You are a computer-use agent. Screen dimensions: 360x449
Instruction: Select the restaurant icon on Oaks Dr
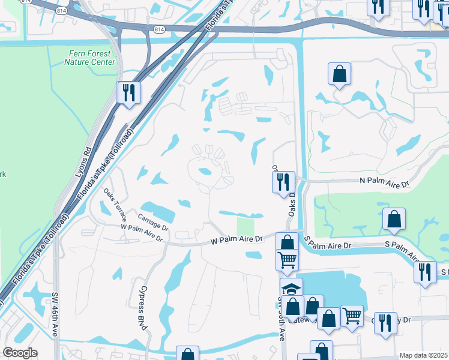[x=283, y=182]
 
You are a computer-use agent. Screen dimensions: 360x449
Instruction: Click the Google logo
[x=20, y=353]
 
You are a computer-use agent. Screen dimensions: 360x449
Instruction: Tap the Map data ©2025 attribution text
[x=423, y=355]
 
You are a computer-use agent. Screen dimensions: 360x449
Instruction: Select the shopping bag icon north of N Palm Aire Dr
[x=339, y=74]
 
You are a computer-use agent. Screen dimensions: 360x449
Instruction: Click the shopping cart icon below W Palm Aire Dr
[x=287, y=259]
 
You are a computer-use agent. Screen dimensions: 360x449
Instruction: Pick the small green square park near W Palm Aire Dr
[x=245, y=227]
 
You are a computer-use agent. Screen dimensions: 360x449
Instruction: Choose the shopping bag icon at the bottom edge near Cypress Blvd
[x=187, y=354]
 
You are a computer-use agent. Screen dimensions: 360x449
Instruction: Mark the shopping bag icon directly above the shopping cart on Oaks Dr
[x=287, y=242]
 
